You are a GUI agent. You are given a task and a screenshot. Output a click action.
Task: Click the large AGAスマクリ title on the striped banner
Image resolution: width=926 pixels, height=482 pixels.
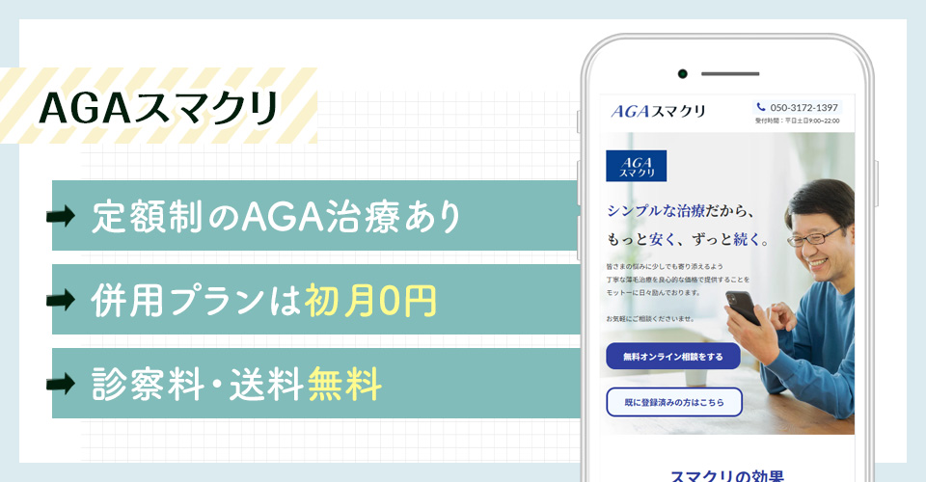[x=158, y=107]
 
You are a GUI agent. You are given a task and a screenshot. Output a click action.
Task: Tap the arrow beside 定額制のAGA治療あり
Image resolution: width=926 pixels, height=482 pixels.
[x=61, y=216]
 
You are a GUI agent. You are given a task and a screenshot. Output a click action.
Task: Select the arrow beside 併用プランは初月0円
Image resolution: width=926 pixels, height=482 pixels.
[x=61, y=300]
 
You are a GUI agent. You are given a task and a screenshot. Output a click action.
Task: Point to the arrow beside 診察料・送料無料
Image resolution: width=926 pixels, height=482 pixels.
[x=61, y=385]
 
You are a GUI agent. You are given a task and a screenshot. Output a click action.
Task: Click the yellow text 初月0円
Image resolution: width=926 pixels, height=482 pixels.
[x=370, y=301]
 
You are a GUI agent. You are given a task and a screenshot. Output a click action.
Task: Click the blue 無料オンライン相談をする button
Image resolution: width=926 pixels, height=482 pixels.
[x=672, y=356]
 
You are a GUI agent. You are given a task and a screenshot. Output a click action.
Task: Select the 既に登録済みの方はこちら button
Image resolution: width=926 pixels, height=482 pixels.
[x=673, y=401]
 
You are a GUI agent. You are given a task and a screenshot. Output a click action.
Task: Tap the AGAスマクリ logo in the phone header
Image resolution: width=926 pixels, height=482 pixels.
[x=658, y=112]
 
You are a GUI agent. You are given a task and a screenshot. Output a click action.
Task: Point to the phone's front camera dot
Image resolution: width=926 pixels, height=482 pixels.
[x=682, y=74]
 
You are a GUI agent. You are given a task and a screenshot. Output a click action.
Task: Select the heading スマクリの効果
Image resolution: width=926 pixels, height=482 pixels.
[x=727, y=474]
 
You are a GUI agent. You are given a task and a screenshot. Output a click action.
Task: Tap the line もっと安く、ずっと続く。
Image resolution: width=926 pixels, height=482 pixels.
[x=687, y=239]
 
